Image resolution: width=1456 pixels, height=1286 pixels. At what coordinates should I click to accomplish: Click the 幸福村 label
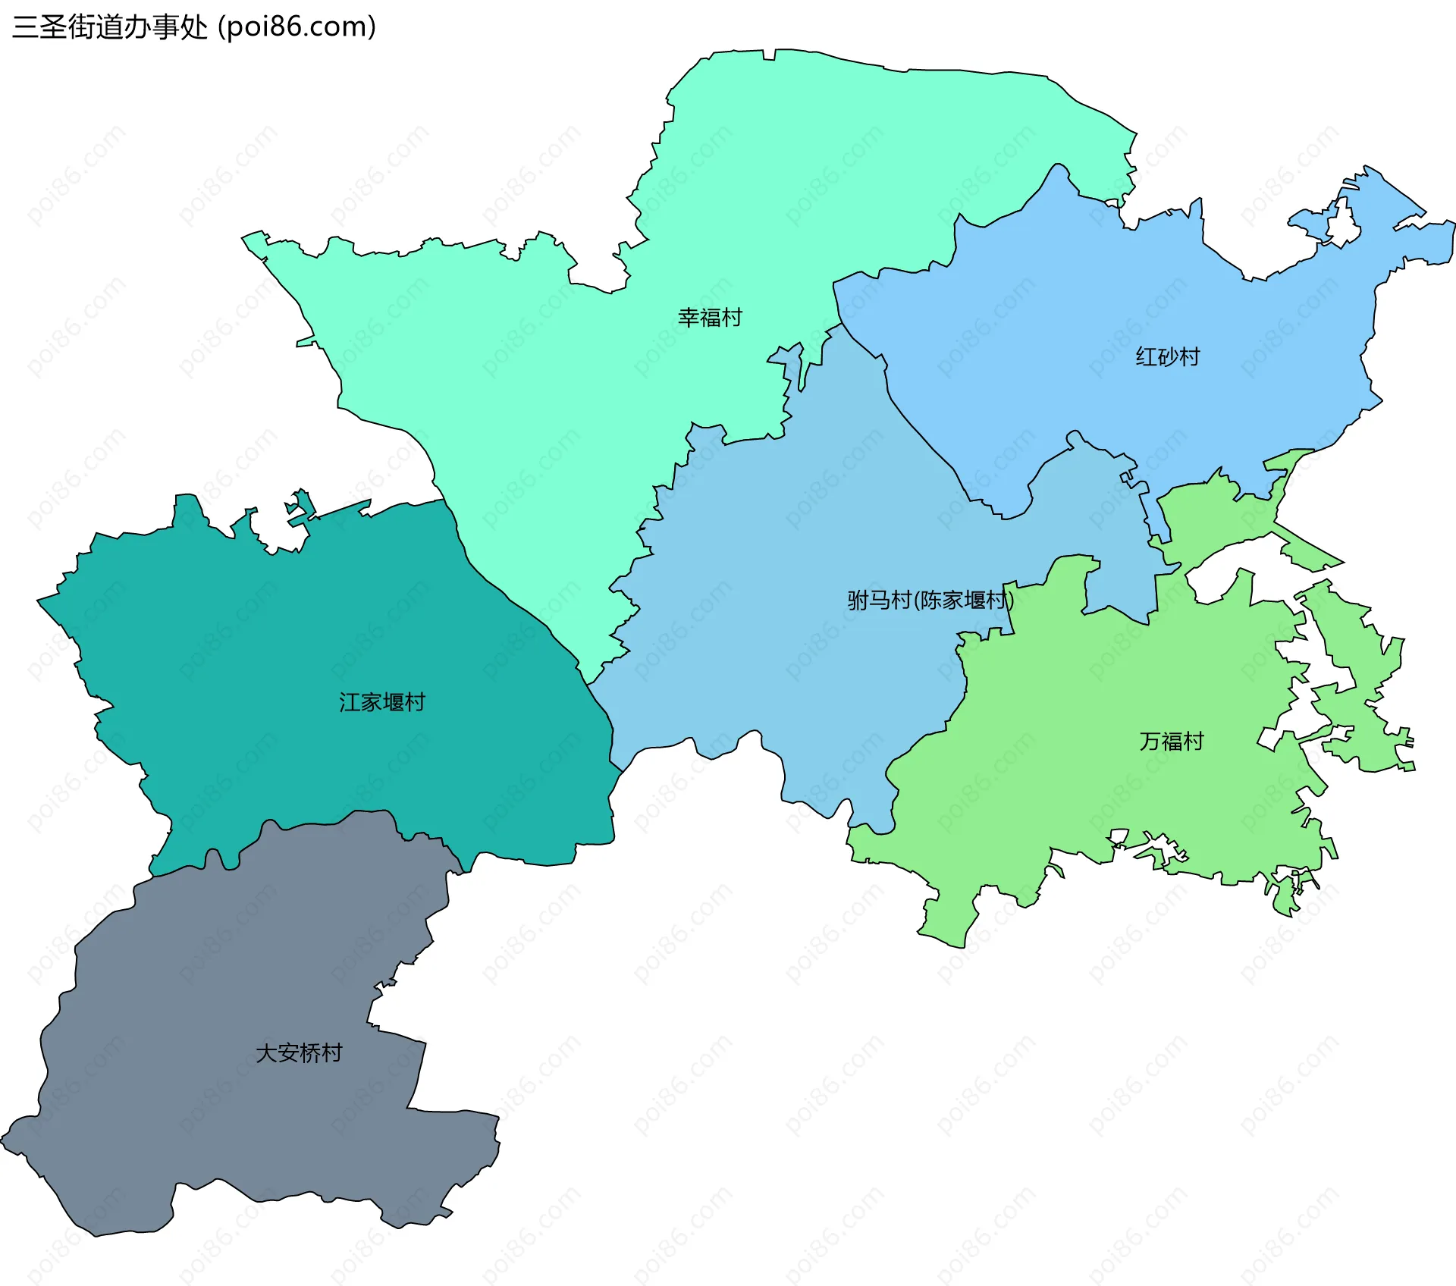tap(710, 318)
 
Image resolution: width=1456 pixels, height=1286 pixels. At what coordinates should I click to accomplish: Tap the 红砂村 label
tap(1168, 356)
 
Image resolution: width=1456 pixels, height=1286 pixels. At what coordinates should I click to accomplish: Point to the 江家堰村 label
tap(382, 702)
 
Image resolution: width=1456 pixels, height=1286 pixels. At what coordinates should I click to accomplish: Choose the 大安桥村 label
tap(299, 1053)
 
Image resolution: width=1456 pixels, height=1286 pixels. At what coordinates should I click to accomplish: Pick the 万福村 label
tap(1172, 741)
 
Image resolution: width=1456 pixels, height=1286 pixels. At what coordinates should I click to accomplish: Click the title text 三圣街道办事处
tap(110, 27)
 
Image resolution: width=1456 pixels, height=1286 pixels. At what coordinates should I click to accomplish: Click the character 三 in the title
tap(25, 27)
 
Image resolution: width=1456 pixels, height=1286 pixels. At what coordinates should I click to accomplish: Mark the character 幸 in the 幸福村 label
tap(689, 318)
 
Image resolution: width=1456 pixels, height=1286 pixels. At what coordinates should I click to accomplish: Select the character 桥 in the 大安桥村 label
tap(310, 1053)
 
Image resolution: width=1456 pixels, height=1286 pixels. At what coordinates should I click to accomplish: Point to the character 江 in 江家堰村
tap(350, 702)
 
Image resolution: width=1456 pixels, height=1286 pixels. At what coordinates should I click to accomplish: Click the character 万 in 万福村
tap(1150, 741)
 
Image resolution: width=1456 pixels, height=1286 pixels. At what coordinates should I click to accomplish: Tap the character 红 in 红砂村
tap(1147, 356)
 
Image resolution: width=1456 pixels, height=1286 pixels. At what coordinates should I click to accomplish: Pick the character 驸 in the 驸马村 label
tap(859, 601)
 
